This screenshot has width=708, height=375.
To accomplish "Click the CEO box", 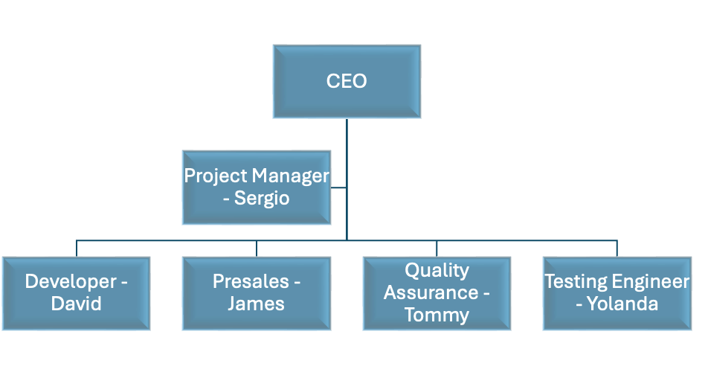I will point(347,81).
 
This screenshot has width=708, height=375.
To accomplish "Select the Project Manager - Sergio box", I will point(257,187).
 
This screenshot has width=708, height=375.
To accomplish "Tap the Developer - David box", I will point(76,293).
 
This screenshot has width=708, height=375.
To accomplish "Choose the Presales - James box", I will point(257,293).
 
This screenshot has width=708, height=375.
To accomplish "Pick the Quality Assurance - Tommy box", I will point(437,293).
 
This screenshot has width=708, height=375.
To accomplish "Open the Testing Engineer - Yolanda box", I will point(617,293).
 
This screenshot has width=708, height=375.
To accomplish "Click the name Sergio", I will point(262,199).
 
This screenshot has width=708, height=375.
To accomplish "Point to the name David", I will point(76,304).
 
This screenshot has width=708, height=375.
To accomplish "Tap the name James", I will point(256,304).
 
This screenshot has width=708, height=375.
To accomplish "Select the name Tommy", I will point(437,314).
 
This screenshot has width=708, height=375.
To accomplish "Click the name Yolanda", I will point(622,304).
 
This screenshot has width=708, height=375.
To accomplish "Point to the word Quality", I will point(437,270).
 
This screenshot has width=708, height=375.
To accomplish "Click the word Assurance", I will point(431,292).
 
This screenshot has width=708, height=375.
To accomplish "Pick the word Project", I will point(216,176).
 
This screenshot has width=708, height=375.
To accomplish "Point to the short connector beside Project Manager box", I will point(338,188).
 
